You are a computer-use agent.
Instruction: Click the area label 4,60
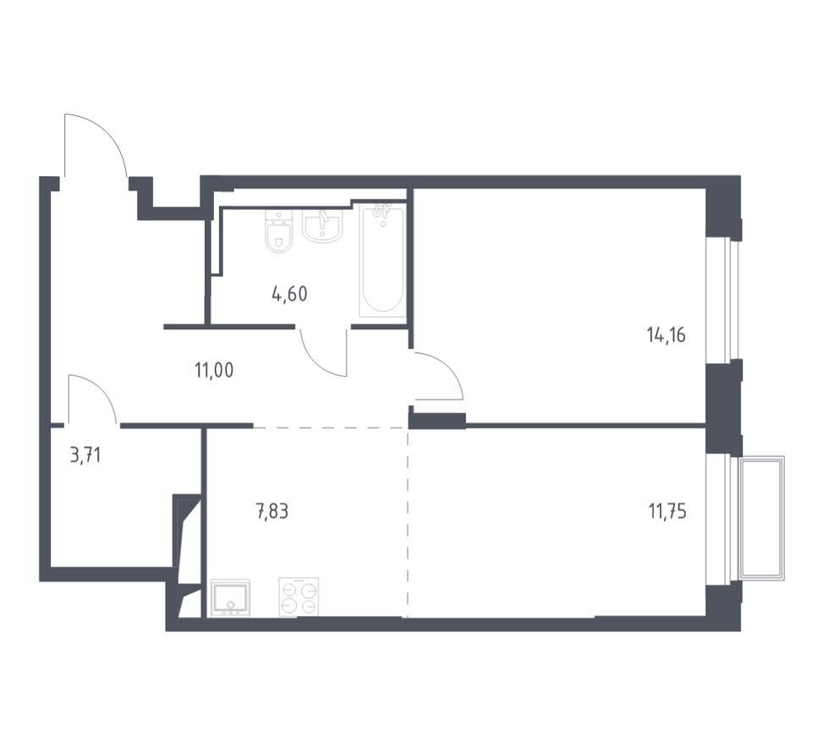point(289,295)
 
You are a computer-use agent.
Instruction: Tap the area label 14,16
point(666,334)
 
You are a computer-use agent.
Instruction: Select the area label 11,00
point(214,371)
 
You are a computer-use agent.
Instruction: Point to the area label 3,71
point(85,455)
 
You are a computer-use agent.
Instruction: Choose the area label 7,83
point(272,510)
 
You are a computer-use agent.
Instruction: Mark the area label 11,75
point(667,510)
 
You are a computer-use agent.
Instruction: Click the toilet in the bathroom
point(279,232)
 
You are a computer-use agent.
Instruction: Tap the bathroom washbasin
point(322,226)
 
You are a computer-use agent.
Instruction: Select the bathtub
point(382,261)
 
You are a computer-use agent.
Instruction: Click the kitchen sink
point(230,598)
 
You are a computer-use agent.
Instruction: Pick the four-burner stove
point(299,597)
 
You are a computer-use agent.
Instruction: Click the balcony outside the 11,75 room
point(761,518)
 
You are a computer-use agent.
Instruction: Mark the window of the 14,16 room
point(724,300)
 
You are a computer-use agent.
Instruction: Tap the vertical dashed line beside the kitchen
point(408,522)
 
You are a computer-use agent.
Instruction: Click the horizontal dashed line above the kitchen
point(331,428)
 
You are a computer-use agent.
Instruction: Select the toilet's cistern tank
point(279,217)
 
